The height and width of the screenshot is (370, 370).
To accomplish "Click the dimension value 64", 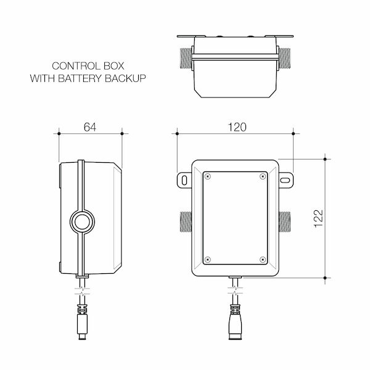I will [x=90, y=127].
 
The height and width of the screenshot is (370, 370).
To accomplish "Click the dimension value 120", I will [x=236, y=127].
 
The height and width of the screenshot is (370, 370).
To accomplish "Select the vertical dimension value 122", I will [x=318, y=218].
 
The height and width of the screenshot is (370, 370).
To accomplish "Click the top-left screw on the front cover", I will [x=208, y=177].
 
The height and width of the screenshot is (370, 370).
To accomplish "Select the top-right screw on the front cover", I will [x=263, y=177].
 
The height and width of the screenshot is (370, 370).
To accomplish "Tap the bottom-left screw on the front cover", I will [x=208, y=259].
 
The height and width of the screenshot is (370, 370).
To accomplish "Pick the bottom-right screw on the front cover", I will [x=263, y=259].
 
